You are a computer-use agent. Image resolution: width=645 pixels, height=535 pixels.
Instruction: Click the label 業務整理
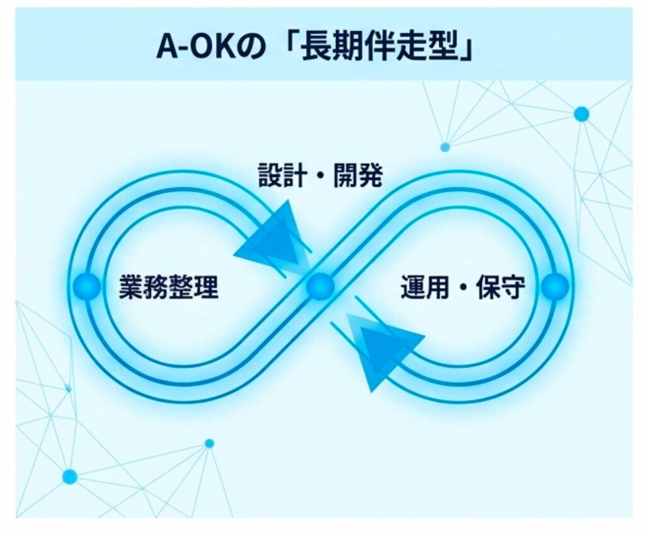169,286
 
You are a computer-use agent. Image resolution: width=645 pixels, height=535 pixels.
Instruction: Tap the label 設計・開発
321,176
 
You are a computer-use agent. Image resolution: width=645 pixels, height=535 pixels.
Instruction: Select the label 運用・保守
463,287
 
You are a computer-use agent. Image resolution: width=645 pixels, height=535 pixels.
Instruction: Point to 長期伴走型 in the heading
380,47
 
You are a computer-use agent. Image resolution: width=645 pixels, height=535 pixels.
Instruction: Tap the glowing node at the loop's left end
87,286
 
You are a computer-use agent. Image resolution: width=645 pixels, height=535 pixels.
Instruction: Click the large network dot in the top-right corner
581,114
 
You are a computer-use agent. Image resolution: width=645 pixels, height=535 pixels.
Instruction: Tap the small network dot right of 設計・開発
445,147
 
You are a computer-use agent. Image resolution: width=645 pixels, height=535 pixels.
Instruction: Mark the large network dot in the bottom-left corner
70,477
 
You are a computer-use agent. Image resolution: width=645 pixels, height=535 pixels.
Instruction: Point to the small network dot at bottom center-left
209,444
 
